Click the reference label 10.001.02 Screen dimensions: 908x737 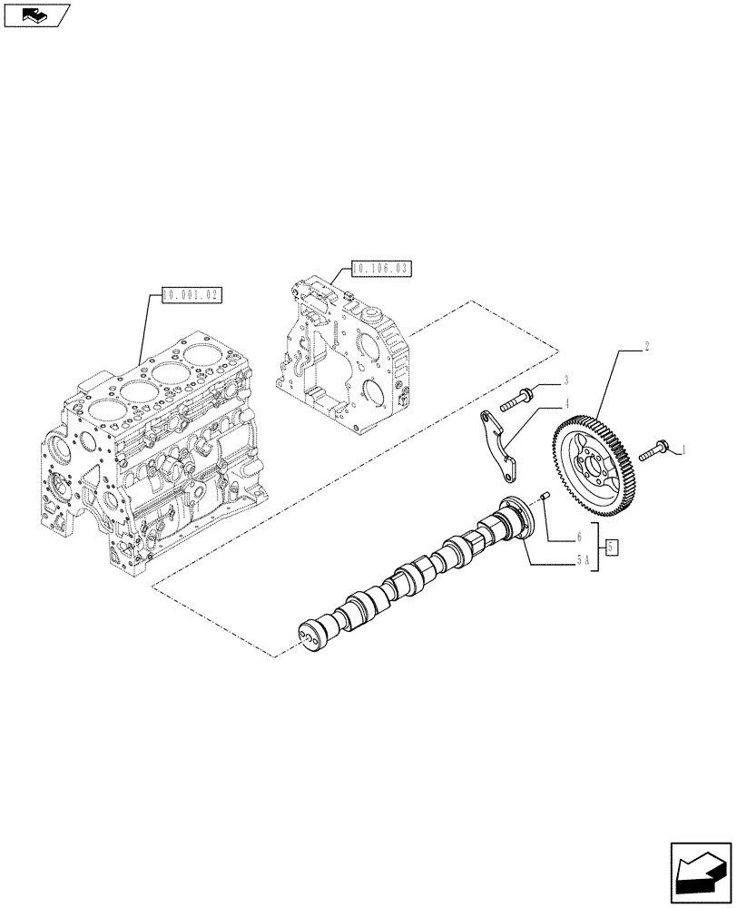[192, 294]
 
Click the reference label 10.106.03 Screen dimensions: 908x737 [380, 268]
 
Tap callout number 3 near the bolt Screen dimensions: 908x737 [565, 380]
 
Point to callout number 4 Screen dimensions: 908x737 [565, 403]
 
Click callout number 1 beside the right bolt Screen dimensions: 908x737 [683, 449]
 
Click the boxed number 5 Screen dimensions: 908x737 [613, 547]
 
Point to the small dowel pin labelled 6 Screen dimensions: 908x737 [546, 496]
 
